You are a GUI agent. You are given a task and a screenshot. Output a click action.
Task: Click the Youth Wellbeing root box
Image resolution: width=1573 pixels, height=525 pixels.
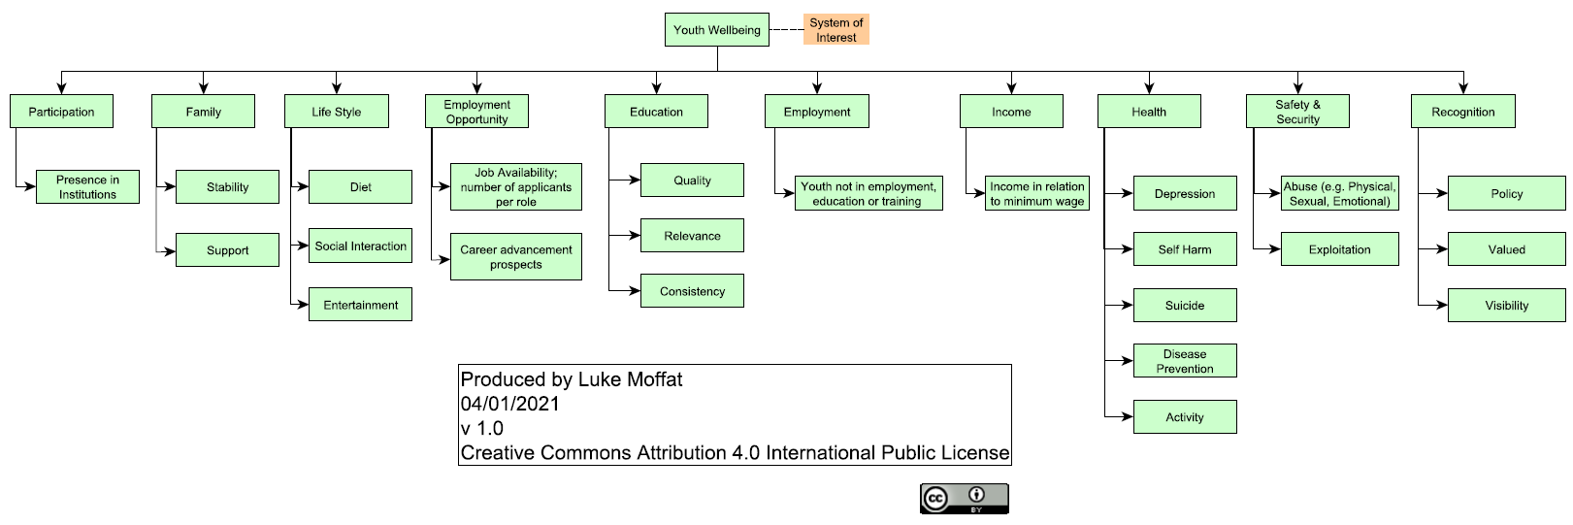pos(717,29)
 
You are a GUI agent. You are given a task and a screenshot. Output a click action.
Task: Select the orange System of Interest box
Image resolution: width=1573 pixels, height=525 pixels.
pos(836,29)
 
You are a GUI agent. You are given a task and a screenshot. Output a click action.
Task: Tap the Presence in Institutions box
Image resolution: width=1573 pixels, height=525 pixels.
pos(87,186)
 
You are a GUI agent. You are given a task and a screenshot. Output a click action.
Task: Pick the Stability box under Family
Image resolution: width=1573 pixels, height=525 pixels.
pos(227,186)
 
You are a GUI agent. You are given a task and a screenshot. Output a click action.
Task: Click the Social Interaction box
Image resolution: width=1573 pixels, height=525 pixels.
pos(360,246)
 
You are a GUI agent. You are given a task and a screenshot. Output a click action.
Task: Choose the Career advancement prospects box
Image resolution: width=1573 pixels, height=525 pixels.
pos(515,256)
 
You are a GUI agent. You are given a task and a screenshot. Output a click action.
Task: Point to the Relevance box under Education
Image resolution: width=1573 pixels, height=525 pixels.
pos(692,235)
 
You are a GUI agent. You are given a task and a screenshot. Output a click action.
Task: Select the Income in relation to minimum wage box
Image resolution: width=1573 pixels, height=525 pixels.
pos(1036,193)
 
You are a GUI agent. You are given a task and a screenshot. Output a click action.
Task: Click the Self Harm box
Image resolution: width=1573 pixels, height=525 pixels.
pos(1184,248)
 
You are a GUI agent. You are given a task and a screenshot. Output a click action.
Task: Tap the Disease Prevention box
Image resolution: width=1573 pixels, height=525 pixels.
pos(1184,360)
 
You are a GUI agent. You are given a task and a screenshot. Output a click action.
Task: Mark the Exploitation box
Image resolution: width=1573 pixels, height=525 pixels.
pos(1339,248)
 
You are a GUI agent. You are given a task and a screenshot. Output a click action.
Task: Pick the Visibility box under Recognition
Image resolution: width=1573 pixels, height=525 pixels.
pos(1506,305)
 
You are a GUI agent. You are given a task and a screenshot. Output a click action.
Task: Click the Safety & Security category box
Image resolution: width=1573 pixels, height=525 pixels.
pos(1297,112)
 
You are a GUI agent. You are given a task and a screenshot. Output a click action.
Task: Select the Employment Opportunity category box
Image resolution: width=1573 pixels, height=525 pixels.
pos(476,112)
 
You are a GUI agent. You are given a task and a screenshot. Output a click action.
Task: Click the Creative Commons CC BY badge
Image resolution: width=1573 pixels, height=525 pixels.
pos(965,499)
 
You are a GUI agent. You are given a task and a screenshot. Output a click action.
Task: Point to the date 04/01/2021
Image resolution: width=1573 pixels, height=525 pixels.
pos(510,404)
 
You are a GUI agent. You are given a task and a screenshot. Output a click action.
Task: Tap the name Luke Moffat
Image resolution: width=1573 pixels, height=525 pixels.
pos(630,379)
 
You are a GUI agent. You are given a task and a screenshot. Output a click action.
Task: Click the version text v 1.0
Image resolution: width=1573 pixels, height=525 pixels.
pos(482,428)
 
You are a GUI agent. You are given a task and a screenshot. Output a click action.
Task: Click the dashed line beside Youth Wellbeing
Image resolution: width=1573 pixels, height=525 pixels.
pos(786,30)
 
